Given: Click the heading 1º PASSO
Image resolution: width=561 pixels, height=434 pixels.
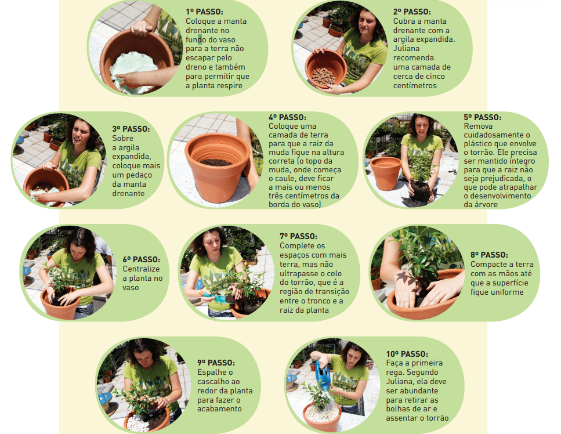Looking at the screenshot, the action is click(204, 12).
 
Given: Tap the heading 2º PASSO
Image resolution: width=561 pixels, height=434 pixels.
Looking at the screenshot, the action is click(412, 12).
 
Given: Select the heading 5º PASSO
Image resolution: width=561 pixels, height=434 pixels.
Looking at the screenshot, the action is click(483, 117).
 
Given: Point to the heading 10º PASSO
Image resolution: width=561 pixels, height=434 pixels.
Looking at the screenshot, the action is click(407, 354).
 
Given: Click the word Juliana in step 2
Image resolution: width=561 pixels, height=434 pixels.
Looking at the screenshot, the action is click(407, 48).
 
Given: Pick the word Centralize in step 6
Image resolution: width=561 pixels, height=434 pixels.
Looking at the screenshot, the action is click(142, 269).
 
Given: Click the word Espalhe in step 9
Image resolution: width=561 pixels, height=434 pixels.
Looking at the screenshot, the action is click(211, 372).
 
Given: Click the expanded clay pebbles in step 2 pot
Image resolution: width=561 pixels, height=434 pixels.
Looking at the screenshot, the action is click(323, 75).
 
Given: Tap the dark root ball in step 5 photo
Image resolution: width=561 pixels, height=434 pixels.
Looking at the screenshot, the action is click(420, 191).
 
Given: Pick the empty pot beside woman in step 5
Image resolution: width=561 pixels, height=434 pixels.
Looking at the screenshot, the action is click(386, 173).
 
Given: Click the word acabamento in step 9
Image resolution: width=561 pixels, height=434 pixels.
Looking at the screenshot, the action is click(219, 408).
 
